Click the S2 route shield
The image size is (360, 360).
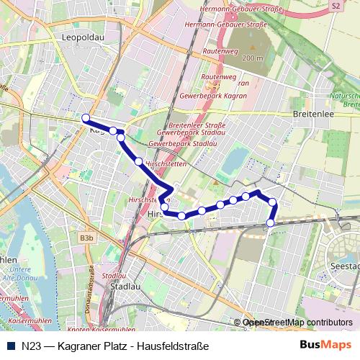pyautogui.click(x=336, y=5)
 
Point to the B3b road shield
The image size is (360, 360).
pyautogui.click(x=87, y=237)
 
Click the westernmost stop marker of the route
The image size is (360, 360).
pyautogui.click(x=85, y=117)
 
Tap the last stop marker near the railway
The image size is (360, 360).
pyautogui.click(x=271, y=223)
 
